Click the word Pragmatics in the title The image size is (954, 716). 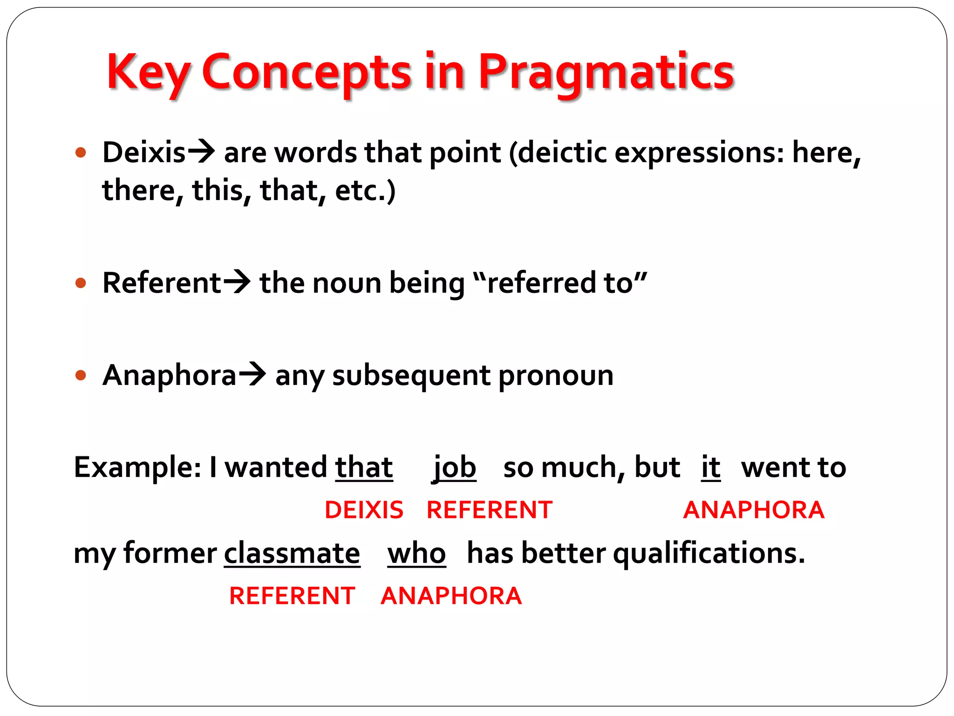point(606,72)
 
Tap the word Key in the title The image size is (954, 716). point(148,72)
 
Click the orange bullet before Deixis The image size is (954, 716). point(81,152)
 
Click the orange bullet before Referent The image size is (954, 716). point(81,283)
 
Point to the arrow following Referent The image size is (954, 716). point(237,282)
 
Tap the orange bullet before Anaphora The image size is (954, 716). point(81,375)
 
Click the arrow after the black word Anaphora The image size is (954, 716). point(252,374)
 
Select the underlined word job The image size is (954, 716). point(454,468)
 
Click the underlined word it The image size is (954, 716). point(711,468)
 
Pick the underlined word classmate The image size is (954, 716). point(292,554)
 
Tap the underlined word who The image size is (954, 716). point(416,554)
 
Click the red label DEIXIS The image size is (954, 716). point(364,510)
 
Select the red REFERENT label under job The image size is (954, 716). point(489,510)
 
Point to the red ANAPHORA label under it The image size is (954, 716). point(753,510)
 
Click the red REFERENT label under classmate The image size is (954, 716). point(292,596)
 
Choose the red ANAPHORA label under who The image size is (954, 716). point(451,596)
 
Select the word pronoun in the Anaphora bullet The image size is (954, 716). point(555,376)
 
